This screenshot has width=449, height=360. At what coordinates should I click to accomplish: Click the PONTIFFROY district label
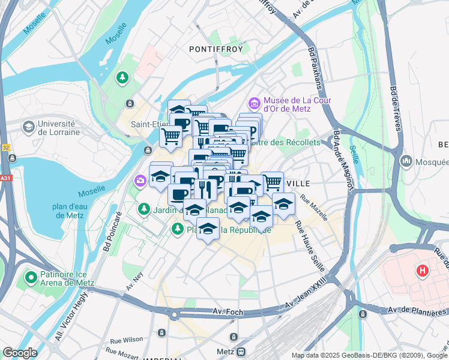pos(216,49)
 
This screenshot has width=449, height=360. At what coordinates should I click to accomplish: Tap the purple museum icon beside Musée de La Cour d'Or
pos(254,104)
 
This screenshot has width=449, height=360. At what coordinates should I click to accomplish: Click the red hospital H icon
pos(423,271)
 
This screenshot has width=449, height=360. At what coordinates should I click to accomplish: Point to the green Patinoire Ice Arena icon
pos(30,278)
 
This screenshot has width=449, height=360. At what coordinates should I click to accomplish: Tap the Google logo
pos(20,353)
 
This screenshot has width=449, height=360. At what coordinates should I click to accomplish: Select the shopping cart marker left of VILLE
pos(272,181)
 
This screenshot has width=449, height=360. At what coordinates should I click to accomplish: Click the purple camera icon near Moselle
pos(140,180)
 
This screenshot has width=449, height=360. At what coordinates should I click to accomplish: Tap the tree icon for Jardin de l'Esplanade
pos(143,209)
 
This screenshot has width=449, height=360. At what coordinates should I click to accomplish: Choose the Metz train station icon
pos(241,352)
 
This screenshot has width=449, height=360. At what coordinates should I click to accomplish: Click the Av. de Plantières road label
pos(418,310)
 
